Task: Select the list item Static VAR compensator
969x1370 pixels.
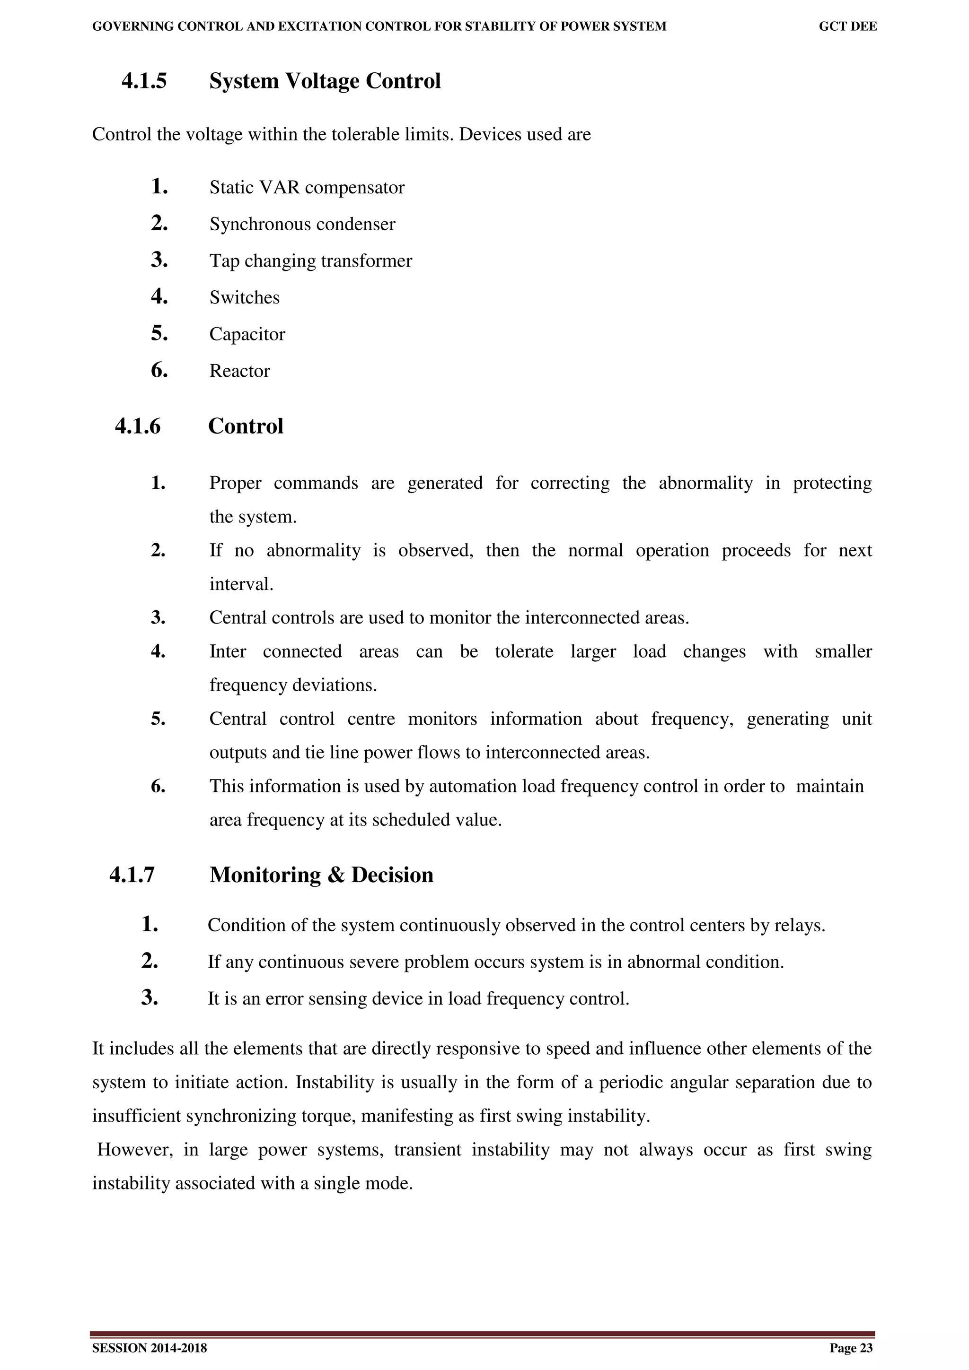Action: [x=306, y=187]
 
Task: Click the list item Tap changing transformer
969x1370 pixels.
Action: [x=310, y=261]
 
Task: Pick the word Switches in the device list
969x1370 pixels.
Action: [x=244, y=297]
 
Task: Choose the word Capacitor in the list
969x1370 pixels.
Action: [x=247, y=334]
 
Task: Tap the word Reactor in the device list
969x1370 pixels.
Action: [x=239, y=371]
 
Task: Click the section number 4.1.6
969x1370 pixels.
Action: [x=138, y=426]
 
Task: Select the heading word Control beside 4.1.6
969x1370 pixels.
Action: [x=246, y=426]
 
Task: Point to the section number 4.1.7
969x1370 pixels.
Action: [x=132, y=875]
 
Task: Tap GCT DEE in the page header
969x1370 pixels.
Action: [x=848, y=26]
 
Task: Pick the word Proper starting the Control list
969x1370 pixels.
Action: [x=235, y=483]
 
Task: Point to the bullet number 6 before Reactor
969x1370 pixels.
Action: [x=159, y=371]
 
